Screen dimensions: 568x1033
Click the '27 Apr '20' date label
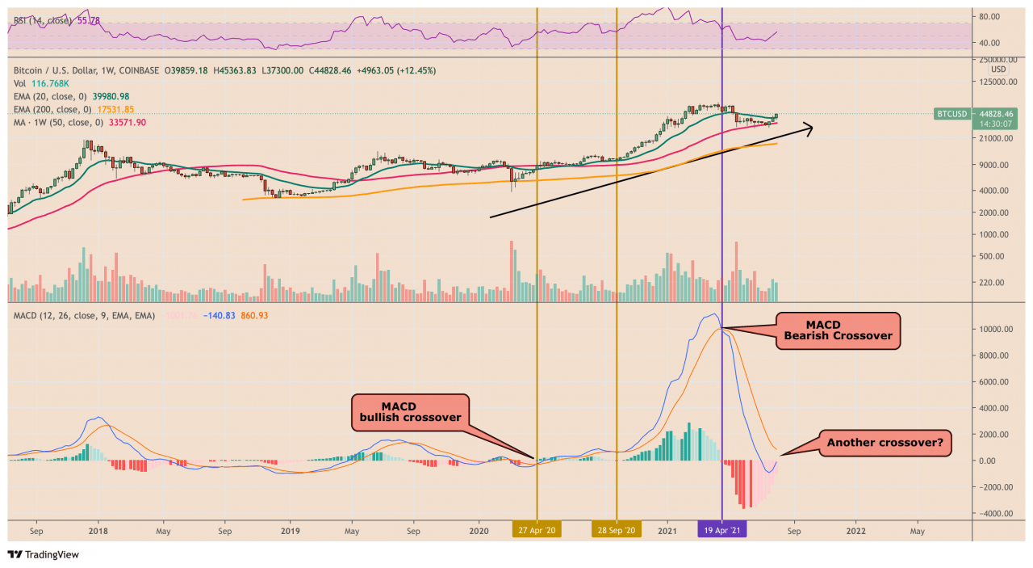tap(537, 530)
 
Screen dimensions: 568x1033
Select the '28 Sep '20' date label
tap(617, 530)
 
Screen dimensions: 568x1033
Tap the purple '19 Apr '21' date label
tap(722, 530)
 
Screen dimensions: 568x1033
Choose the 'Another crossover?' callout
tap(884, 442)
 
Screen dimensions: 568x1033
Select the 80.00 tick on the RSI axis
tap(989, 16)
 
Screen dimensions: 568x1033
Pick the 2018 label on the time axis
tap(99, 531)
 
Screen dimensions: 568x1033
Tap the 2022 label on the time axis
tap(855, 531)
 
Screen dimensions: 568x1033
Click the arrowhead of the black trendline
tap(810, 125)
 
